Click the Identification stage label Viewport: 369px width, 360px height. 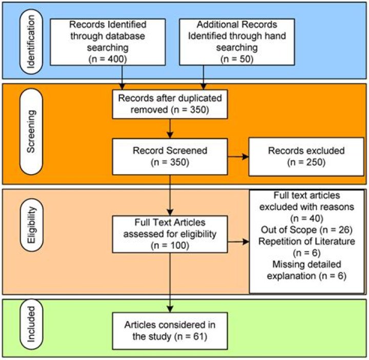tap(31, 41)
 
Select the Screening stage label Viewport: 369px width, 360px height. tap(31, 132)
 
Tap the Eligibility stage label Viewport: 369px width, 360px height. tap(32, 225)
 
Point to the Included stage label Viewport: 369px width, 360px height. tap(32, 324)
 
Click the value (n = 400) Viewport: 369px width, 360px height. tap(108, 59)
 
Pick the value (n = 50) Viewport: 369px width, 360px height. tap(237, 59)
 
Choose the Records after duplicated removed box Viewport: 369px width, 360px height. tap(170, 104)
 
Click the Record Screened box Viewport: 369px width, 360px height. tap(170, 157)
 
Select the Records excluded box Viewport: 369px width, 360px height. tap(306, 157)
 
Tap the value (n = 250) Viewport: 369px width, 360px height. tap(306, 162)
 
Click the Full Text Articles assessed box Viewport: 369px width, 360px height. tap(170, 234)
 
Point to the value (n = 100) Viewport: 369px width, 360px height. tap(170, 245)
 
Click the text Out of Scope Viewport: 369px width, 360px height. tap(289, 230)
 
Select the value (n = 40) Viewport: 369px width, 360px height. tap(306, 219)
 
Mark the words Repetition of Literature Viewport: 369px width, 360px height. tap(306, 241)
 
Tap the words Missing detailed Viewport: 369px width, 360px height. tap(306, 264)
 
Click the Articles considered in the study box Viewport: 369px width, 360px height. tap(170, 331)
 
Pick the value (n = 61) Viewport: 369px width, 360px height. tap(191, 336)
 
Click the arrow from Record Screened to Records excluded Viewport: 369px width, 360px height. tap(238, 157)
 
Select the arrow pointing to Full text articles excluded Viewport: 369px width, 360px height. tap(238, 242)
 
